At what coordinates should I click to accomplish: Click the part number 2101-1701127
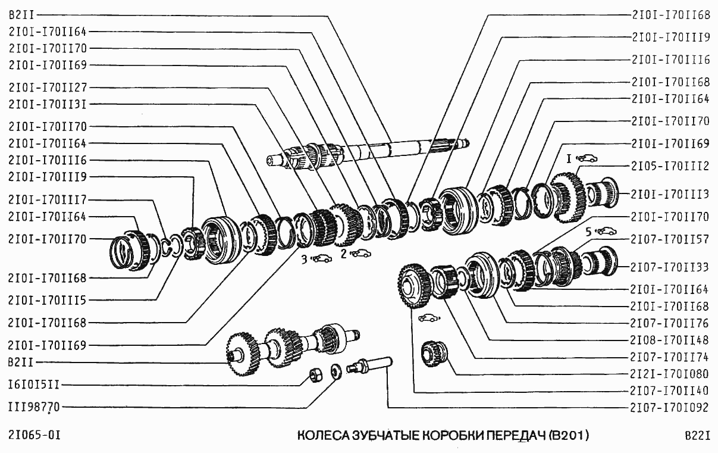click(x=48, y=87)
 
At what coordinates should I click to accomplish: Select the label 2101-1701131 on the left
click(x=48, y=104)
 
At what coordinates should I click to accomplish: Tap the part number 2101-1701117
click(x=48, y=199)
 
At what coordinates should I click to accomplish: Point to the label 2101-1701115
click(x=48, y=299)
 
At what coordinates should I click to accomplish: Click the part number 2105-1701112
click(x=670, y=166)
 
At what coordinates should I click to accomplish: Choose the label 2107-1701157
click(x=670, y=239)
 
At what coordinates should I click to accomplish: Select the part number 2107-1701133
click(x=670, y=266)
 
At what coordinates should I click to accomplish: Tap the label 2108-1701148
click(x=670, y=340)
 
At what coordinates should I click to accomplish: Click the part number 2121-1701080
click(x=670, y=374)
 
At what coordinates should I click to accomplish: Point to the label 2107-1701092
click(x=670, y=408)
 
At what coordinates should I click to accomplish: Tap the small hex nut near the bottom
click(x=316, y=375)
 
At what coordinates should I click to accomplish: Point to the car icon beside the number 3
click(x=322, y=258)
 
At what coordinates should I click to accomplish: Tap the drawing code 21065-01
click(x=35, y=436)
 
